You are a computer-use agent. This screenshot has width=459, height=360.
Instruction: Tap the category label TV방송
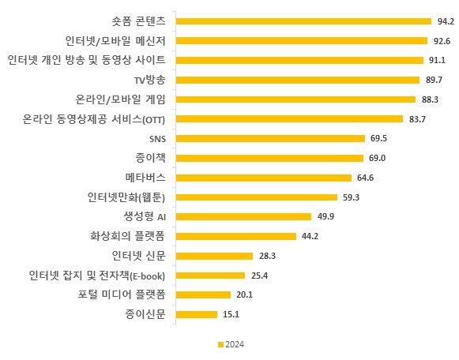[x=150, y=80]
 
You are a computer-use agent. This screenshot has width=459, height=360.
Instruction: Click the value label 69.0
[x=378, y=158]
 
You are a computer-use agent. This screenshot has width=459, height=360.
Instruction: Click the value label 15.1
[x=231, y=314]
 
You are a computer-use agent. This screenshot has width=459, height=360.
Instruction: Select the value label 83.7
[x=416, y=119]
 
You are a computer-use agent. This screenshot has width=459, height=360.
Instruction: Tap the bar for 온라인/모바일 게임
[x=295, y=99]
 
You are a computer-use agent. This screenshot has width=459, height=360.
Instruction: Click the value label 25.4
[x=260, y=276]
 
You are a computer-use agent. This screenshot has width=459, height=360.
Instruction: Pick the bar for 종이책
[x=269, y=158]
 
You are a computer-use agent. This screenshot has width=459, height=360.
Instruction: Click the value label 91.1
[x=436, y=60]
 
